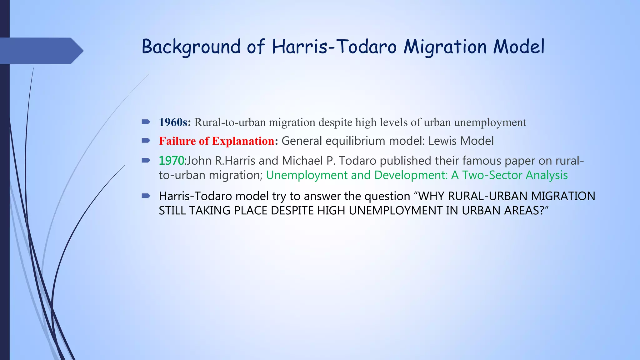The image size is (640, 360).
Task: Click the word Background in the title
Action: coord(191,47)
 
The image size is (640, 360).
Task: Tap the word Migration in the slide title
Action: coord(445,47)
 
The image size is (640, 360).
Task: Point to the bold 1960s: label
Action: coord(175,122)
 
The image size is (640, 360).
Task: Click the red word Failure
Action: coord(177,141)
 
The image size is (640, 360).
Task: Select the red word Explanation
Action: coord(244,141)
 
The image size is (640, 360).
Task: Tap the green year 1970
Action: coord(171,161)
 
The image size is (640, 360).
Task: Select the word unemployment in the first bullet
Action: coord(490,122)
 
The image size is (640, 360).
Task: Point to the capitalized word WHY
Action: coord(431,196)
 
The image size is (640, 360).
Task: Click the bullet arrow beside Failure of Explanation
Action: coord(146,141)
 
